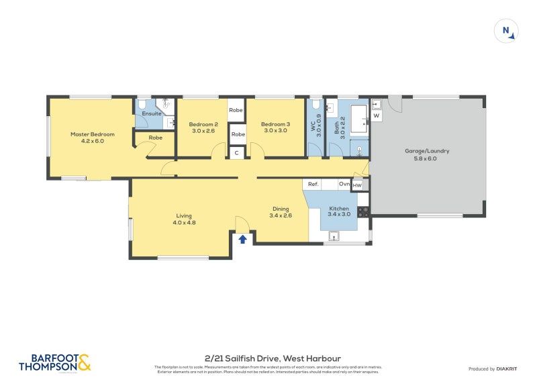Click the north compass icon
point(507,30)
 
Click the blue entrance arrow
point(242,238)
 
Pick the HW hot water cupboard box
point(357,185)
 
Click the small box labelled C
point(236,154)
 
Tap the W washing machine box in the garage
point(376,116)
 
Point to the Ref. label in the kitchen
point(313,184)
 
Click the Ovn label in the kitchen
point(343,184)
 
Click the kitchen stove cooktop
point(364,211)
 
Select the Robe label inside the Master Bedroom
point(155,138)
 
